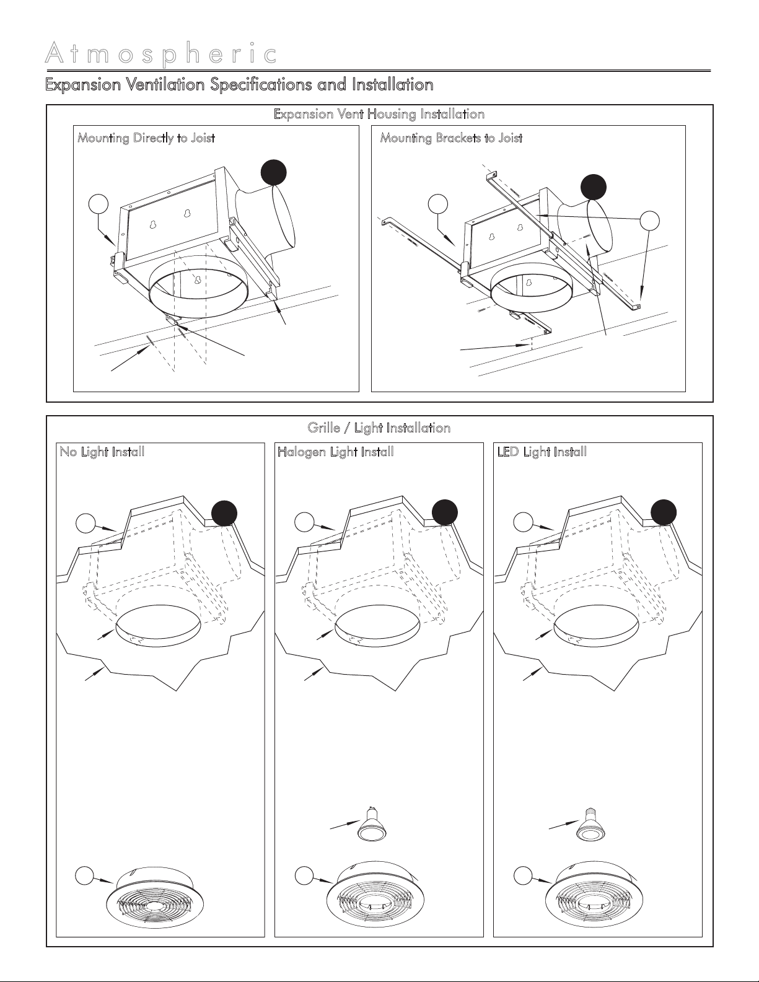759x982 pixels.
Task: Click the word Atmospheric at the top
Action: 161,55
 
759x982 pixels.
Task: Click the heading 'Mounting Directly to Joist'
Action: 146,138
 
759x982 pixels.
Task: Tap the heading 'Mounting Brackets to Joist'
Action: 451,138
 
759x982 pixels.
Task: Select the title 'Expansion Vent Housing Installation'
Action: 379,114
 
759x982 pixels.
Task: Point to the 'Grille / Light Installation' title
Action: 379,427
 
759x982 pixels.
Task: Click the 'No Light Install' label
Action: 102,452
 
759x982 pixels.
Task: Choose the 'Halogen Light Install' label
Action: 336,452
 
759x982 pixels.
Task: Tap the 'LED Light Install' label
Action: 542,452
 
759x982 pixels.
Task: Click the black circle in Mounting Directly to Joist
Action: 274,172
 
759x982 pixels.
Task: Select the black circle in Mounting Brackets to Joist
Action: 593,187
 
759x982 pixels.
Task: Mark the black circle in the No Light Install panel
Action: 224,513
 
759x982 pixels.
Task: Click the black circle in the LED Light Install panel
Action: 663,512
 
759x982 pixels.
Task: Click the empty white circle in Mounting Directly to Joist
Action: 99,204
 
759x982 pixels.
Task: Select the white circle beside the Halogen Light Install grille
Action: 304,876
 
